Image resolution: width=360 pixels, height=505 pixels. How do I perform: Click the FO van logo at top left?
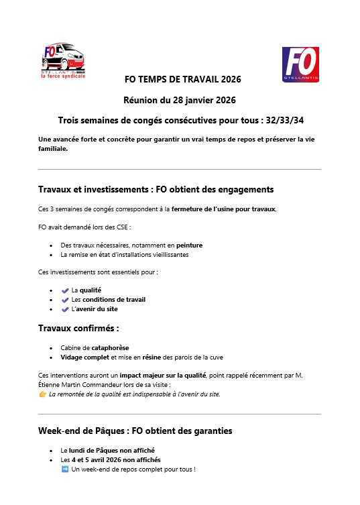[63, 61]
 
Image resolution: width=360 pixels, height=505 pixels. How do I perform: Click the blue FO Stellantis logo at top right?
[300, 64]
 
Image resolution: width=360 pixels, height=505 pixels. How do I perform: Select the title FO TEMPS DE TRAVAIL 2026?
[182, 79]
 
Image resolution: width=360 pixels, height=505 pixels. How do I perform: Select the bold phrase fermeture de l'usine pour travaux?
[223, 209]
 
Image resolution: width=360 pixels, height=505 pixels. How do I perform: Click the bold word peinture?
[189, 245]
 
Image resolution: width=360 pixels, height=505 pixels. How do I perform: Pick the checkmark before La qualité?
[65, 290]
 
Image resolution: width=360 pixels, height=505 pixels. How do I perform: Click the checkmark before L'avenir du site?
[65, 309]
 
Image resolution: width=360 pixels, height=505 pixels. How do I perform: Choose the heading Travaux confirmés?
[78, 329]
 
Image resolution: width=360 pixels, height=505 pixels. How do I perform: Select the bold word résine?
[152, 357]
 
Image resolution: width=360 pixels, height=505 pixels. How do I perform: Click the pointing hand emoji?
[43, 394]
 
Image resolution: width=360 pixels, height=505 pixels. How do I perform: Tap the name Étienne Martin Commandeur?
[78, 385]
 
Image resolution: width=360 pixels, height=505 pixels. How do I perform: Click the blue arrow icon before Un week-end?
[65, 469]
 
